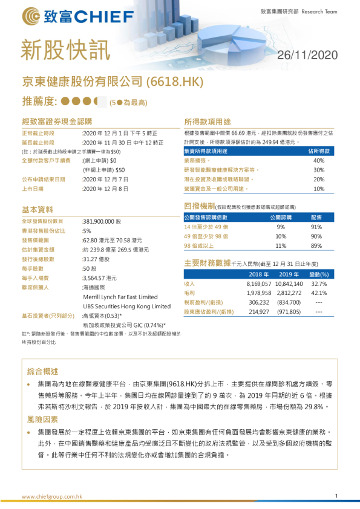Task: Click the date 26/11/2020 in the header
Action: pos(307,56)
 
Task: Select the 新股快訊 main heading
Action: pos(59,50)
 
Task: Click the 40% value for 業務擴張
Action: pos(319,161)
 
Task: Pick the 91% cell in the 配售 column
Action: pos(316,227)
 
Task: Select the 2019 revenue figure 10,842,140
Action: pos(289,284)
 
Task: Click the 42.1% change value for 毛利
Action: pos(319,293)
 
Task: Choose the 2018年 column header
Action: pos(258,274)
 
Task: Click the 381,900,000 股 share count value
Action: pos(102,221)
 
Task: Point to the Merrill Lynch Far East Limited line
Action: pos(120,297)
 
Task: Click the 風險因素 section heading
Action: pos(44,418)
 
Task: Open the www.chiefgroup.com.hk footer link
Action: pos(51,496)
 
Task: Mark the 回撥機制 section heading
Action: pos(199,206)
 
